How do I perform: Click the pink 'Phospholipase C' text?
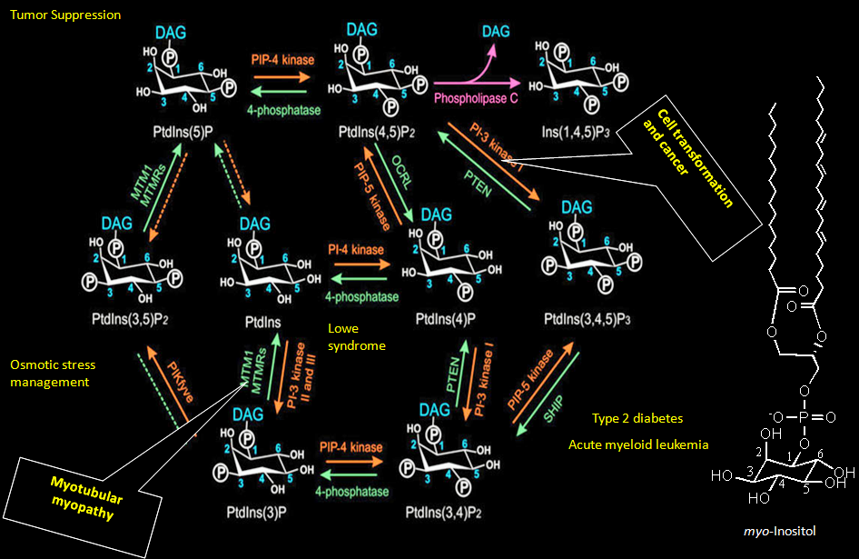pos(476,97)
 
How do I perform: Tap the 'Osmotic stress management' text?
pos(53,374)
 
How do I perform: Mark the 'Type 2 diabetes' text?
pos(637,418)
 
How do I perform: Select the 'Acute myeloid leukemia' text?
pos(638,444)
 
